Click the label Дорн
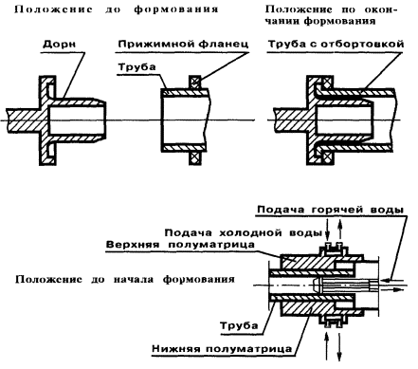59,44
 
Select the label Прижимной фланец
183,44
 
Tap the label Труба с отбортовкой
336,44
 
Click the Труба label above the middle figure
136,67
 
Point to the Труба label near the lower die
239,325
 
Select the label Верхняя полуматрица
180,245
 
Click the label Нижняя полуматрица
222,349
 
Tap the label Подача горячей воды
331,210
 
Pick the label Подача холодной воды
243,232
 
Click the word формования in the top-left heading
176,9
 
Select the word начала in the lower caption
133,280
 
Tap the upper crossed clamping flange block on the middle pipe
195,82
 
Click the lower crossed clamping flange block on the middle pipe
195,157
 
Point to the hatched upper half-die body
303,262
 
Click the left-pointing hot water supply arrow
393,280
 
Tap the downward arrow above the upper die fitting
328,232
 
